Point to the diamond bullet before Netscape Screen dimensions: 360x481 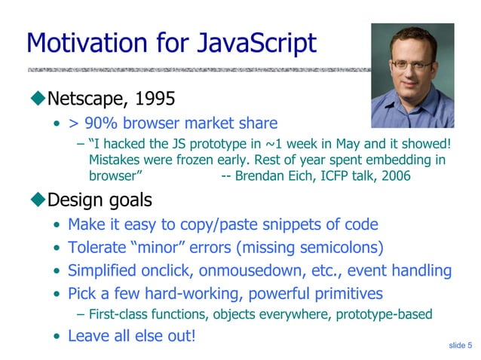pyautogui.click(x=38, y=97)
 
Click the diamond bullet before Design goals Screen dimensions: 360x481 pyautogui.click(x=38, y=200)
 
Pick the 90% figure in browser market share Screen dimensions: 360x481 pyautogui.click(x=97, y=124)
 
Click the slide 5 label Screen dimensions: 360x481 pyautogui.click(x=459, y=345)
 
